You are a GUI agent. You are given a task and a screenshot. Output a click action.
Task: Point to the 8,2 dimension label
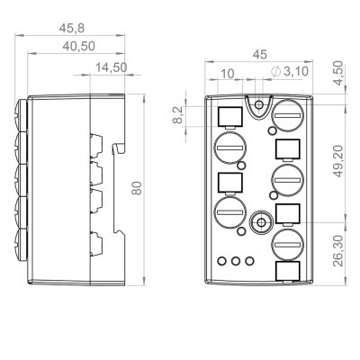[x=177, y=114]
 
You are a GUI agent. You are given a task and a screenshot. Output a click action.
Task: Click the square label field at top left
[x=229, y=115]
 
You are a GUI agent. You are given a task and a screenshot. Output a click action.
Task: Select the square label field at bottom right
[x=286, y=273]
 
